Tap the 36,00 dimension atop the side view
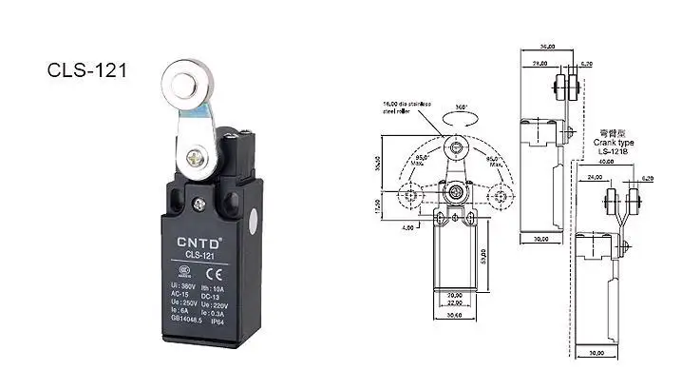pyautogui.click(x=546, y=46)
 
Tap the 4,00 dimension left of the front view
pyautogui.click(x=407, y=226)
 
